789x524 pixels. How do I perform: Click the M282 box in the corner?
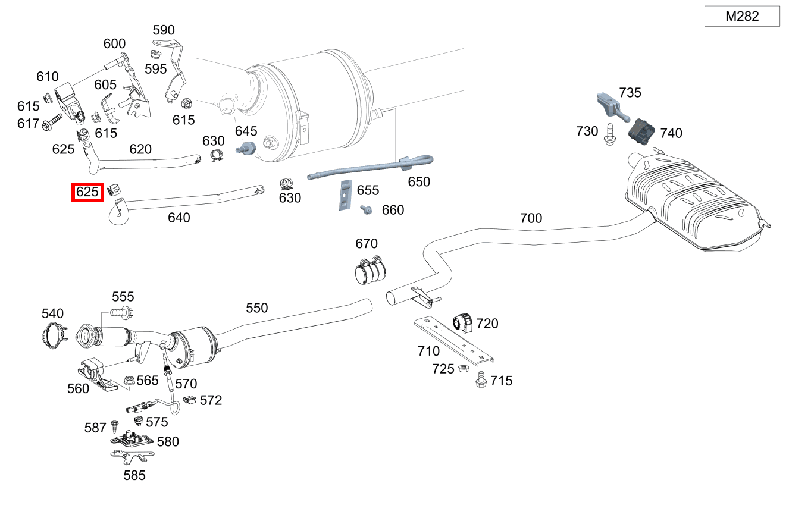coord(742,16)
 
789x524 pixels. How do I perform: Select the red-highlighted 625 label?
coord(87,192)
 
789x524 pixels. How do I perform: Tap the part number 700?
coord(531,218)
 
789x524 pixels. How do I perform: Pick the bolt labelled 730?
coord(609,133)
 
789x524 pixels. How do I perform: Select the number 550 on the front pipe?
coord(257,308)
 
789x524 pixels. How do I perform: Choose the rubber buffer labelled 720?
coord(462,323)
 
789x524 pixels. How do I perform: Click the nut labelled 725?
coord(462,369)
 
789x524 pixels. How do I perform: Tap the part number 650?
coord(419,181)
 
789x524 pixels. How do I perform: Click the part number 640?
coord(179,218)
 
